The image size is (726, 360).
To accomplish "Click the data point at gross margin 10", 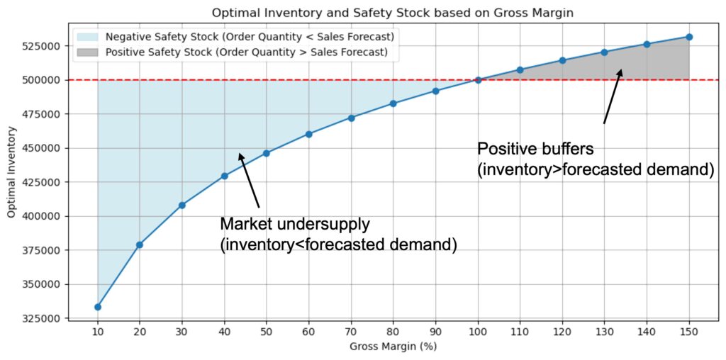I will coord(97,307).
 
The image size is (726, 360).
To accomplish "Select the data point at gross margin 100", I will coord(478,80).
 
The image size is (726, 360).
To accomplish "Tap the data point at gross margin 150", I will coord(689,37).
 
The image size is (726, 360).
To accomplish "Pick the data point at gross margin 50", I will coord(267,153).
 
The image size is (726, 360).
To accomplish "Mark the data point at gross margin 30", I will coord(181,205).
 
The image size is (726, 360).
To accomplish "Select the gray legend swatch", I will coord(89,52).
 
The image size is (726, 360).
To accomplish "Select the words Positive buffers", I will coord(535,150).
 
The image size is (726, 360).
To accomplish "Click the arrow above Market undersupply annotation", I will coord(249,177).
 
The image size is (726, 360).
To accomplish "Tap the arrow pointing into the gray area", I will coord(613,96).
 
